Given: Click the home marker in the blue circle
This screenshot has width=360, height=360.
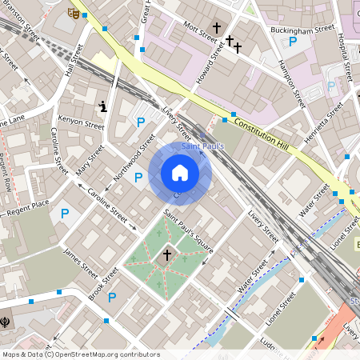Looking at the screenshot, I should (x=180, y=173).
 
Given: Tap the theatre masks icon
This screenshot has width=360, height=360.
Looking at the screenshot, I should (x=74, y=13).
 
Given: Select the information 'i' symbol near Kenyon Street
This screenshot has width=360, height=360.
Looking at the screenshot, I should (x=102, y=106).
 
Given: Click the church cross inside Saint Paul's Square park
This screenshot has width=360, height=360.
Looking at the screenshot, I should (x=166, y=255).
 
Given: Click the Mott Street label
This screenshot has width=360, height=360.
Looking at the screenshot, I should (x=201, y=31).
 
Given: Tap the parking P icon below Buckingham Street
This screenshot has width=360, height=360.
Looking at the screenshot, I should (x=293, y=42).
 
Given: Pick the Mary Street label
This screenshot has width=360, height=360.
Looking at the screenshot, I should (x=90, y=159).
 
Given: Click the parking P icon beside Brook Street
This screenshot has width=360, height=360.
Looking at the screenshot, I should (x=112, y=298).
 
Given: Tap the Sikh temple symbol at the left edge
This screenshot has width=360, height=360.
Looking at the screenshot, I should (x=6, y=319).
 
